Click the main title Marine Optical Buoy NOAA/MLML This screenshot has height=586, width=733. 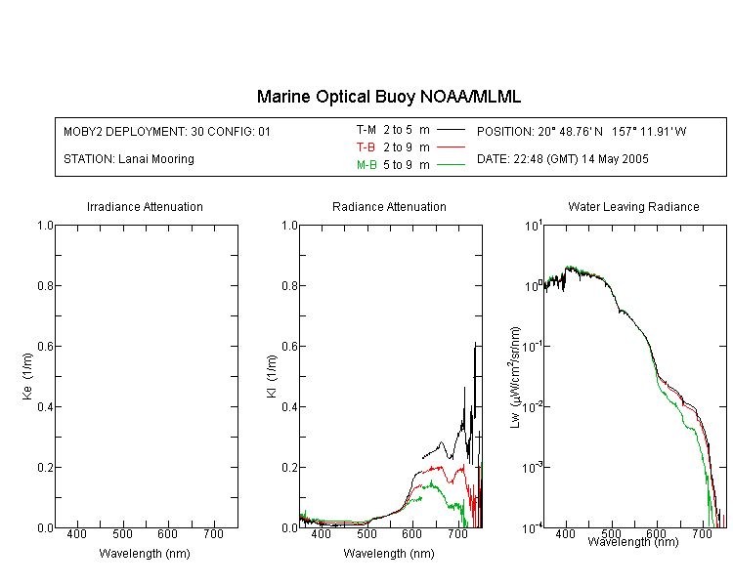(388, 97)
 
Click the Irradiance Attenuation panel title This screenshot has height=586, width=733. (145, 206)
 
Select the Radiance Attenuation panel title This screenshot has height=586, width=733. (389, 206)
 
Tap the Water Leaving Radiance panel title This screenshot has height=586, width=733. (633, 206)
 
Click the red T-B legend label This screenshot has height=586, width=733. (366, 147)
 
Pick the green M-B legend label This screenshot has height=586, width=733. (366, 165)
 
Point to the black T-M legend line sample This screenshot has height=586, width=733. (451, 130)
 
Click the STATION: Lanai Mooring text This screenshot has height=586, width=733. (129, 159)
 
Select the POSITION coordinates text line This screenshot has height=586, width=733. (582, 131)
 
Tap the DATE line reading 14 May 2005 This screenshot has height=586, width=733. (562, 159)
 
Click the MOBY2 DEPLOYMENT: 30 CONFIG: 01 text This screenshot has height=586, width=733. (167, 131)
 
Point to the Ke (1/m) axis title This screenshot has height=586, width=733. (27, 376)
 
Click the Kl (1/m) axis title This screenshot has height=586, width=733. (271, 376)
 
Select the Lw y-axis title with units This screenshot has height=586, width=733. (515, 377)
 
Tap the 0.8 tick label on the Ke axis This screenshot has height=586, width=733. (45, 285)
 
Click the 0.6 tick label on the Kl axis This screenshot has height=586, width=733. (289, 347)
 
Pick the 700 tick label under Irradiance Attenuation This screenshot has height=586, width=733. (213, 533)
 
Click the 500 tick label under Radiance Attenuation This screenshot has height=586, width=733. (366, 533)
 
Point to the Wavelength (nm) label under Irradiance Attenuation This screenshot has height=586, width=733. (145, 554)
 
